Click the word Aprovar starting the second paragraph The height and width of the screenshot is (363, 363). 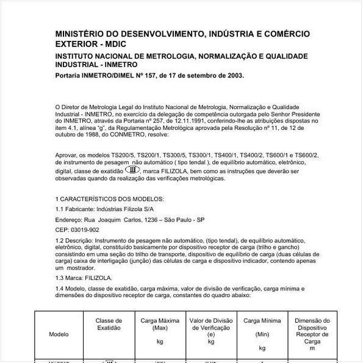coord(66,156)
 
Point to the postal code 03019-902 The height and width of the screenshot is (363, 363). coord(84,229)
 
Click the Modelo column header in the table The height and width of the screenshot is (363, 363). coord(59,334)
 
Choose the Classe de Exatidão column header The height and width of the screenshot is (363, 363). coord(109,324)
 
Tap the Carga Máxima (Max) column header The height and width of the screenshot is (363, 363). coord(160,324)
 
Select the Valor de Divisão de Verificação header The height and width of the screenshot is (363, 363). coord(211,328)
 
